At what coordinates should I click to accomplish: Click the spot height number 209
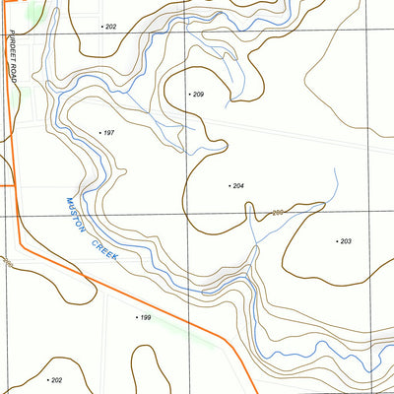(199, 95)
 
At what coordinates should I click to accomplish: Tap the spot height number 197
(109, 132)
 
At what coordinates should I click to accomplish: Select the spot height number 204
(238, 185)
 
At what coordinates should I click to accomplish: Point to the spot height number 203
(346, 241)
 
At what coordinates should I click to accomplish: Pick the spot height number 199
(145, 318)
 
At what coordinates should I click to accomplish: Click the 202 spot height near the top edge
(110, 27)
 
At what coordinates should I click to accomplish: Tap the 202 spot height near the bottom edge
(56, 380)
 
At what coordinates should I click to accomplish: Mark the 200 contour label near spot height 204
(277, 213)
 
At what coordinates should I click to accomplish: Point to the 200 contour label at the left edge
(5, 262)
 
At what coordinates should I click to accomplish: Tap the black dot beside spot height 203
(337, 241)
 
